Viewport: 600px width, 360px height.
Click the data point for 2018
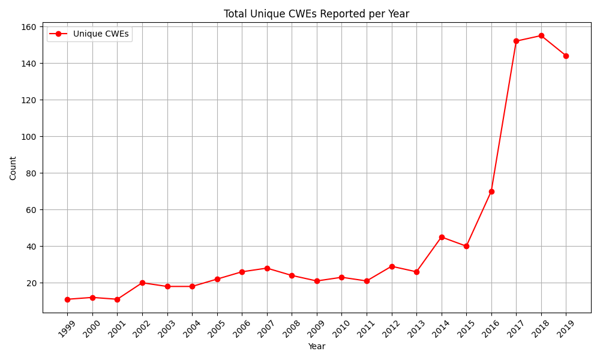tap(541, 35)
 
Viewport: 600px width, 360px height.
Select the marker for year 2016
tap(491, 191)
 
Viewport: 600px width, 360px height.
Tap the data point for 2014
tap(442, 237)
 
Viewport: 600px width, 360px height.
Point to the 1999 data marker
tap(67, 299)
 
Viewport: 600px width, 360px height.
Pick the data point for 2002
tap(142, 283)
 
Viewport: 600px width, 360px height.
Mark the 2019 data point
tap(566, 56)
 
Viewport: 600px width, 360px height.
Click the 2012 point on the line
tap(392, 266)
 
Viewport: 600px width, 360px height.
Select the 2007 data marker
tap(267, 268)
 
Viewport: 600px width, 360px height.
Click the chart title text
tap(316, 14)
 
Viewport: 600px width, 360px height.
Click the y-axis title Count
tap(13, 168)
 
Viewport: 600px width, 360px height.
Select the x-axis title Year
tap(316, 346)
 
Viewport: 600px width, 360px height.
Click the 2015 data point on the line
tap(466, 246)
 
